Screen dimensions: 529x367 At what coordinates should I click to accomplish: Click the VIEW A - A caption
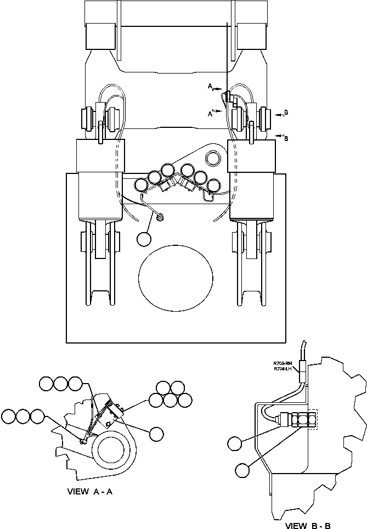coord(90,492)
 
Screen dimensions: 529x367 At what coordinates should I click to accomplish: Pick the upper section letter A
coord(210,86)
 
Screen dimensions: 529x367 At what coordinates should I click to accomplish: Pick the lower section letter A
coord(210,114)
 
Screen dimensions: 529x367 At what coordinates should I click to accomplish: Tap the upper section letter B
coord(286,113)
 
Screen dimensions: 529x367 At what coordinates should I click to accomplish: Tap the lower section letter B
coord(286,139)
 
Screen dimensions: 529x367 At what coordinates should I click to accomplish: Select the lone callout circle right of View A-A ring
coord(156,434)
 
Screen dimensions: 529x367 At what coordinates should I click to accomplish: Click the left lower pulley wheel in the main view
coord(100,263)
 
